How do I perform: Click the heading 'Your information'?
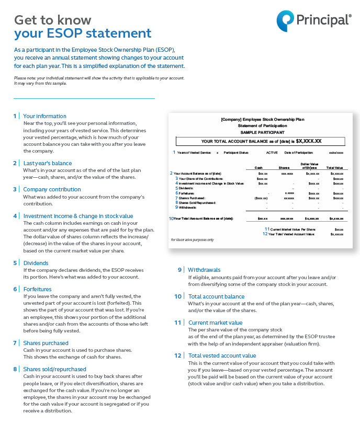(44, 116)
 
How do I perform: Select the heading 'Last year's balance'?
(47, 163)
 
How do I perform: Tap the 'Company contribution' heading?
(52, 189)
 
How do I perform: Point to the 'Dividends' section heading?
(36, 263)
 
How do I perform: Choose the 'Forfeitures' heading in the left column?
(38, 289)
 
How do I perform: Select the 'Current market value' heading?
(215, 323)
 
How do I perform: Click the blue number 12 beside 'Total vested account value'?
(177, 356)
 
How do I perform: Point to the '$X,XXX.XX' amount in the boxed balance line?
(309, 141)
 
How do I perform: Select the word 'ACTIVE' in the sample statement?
(272, 153)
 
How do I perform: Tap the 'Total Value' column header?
(335, 167)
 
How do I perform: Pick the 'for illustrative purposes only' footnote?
(192, 239)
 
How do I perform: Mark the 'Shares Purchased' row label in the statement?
(192, 198)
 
